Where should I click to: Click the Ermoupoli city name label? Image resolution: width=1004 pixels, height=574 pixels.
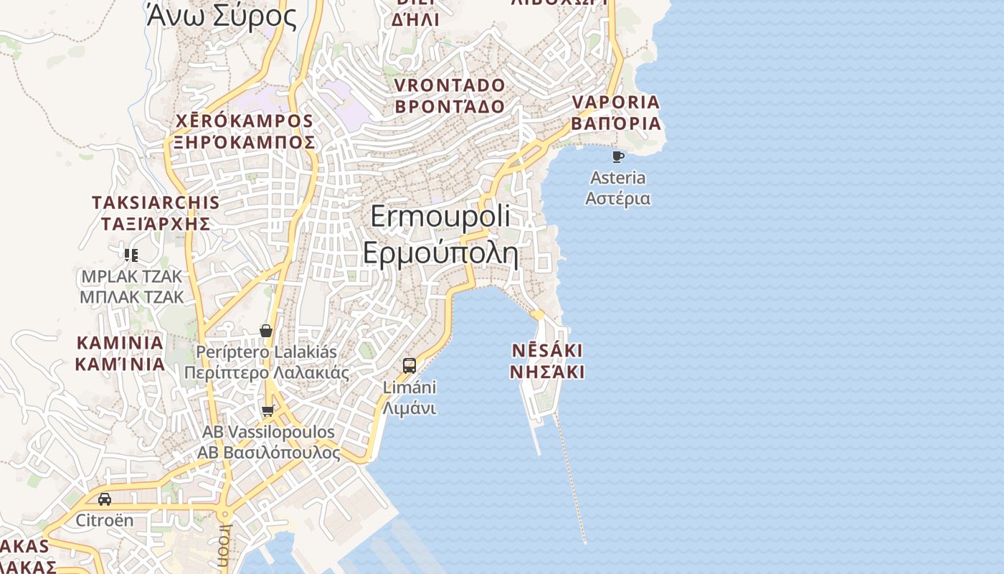pos(440,217)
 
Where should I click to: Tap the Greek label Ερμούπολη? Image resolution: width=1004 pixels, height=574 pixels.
pos(440,253)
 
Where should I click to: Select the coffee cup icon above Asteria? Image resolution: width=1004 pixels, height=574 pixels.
pos(618,156)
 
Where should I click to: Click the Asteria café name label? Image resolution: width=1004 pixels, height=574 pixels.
pos(617,178)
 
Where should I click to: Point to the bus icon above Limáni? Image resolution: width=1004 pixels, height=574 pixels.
pos(409,366)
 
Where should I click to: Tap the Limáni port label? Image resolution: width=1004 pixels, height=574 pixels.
pos(409,387)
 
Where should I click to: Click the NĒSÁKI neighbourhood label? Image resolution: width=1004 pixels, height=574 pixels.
pos(546,351)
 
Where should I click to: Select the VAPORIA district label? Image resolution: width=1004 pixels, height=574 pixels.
pos(616,103)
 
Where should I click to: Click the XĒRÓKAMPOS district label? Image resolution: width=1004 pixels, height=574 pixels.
pos(245,121)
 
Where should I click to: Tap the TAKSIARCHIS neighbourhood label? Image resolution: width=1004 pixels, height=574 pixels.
pos(156,203)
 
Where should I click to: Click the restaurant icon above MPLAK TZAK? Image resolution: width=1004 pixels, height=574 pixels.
pos(131,255)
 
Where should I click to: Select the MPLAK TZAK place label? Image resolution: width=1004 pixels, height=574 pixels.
pos(132,277)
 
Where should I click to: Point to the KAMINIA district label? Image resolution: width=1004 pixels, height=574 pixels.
pos(120,343)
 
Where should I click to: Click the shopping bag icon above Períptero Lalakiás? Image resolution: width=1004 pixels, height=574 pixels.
pos(266,331)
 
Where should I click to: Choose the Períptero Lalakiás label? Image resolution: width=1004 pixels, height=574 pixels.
pos(267,353)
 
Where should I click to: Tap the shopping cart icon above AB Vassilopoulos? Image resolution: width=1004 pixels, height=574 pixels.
pos(267,411)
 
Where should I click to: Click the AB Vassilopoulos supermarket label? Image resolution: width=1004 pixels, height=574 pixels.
pos(268,433)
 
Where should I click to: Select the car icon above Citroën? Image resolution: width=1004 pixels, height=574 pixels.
pos(105,499)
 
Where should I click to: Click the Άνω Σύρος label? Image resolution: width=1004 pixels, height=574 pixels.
pos(221,16)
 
